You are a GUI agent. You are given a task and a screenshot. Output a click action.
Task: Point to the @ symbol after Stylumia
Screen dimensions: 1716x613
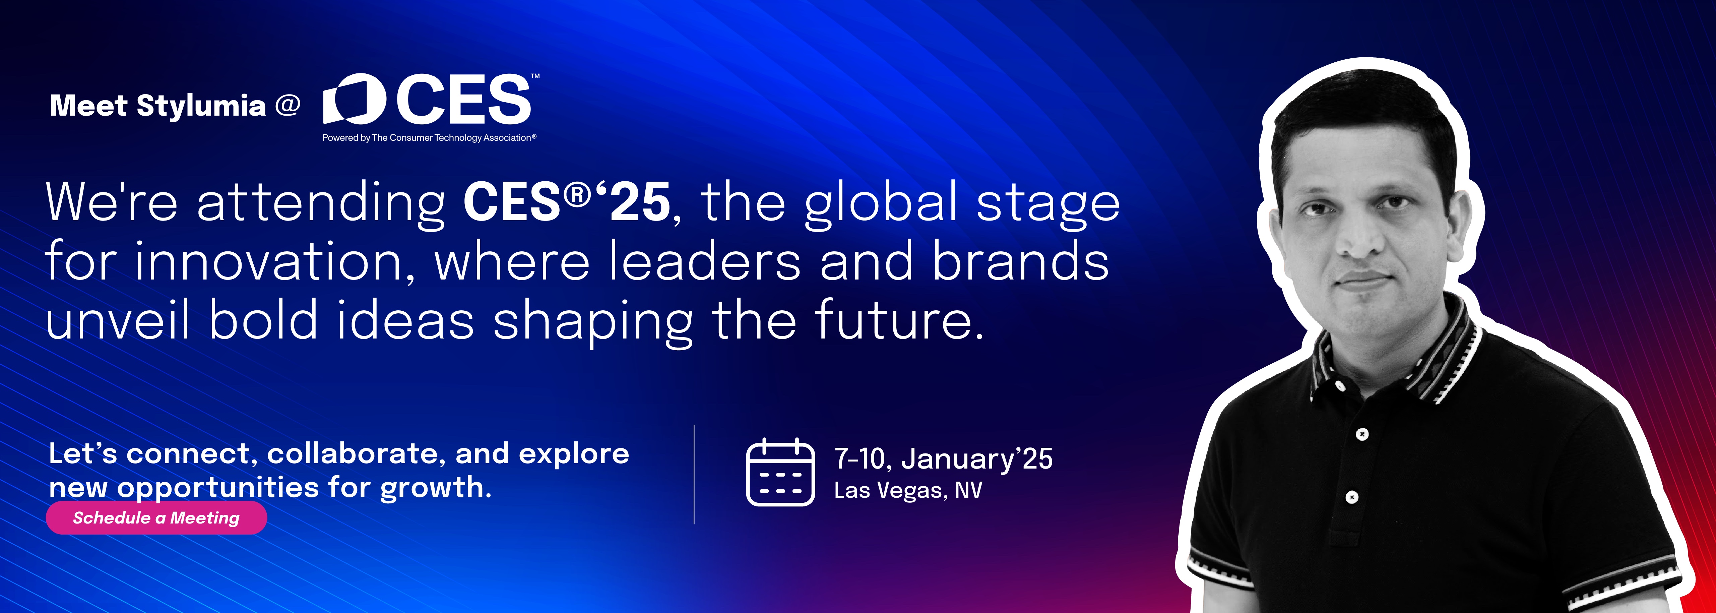coord(288,105)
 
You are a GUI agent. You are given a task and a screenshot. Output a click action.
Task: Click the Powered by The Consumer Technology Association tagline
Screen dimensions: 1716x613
coord(429,138)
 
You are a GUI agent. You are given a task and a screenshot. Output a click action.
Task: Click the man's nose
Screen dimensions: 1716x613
coord(1361,237)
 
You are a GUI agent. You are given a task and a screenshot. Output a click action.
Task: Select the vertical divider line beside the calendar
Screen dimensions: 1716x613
coord(694,474)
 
